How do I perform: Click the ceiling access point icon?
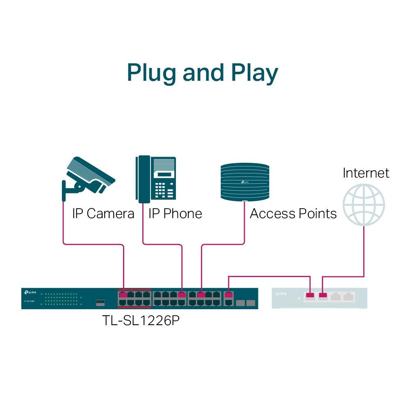(245, 182)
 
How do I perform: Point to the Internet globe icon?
(364, 204)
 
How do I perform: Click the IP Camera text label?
(103, 214)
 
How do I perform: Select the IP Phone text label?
(175, 214)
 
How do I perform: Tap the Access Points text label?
(293, 214)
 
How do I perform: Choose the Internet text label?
(366, 173)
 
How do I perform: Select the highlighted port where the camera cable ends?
(123, 294)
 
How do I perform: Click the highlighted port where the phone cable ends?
(182, 294)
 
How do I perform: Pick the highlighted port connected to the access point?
(201, 294)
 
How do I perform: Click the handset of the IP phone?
(143, 179)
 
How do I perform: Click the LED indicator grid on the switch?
(61, 298)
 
